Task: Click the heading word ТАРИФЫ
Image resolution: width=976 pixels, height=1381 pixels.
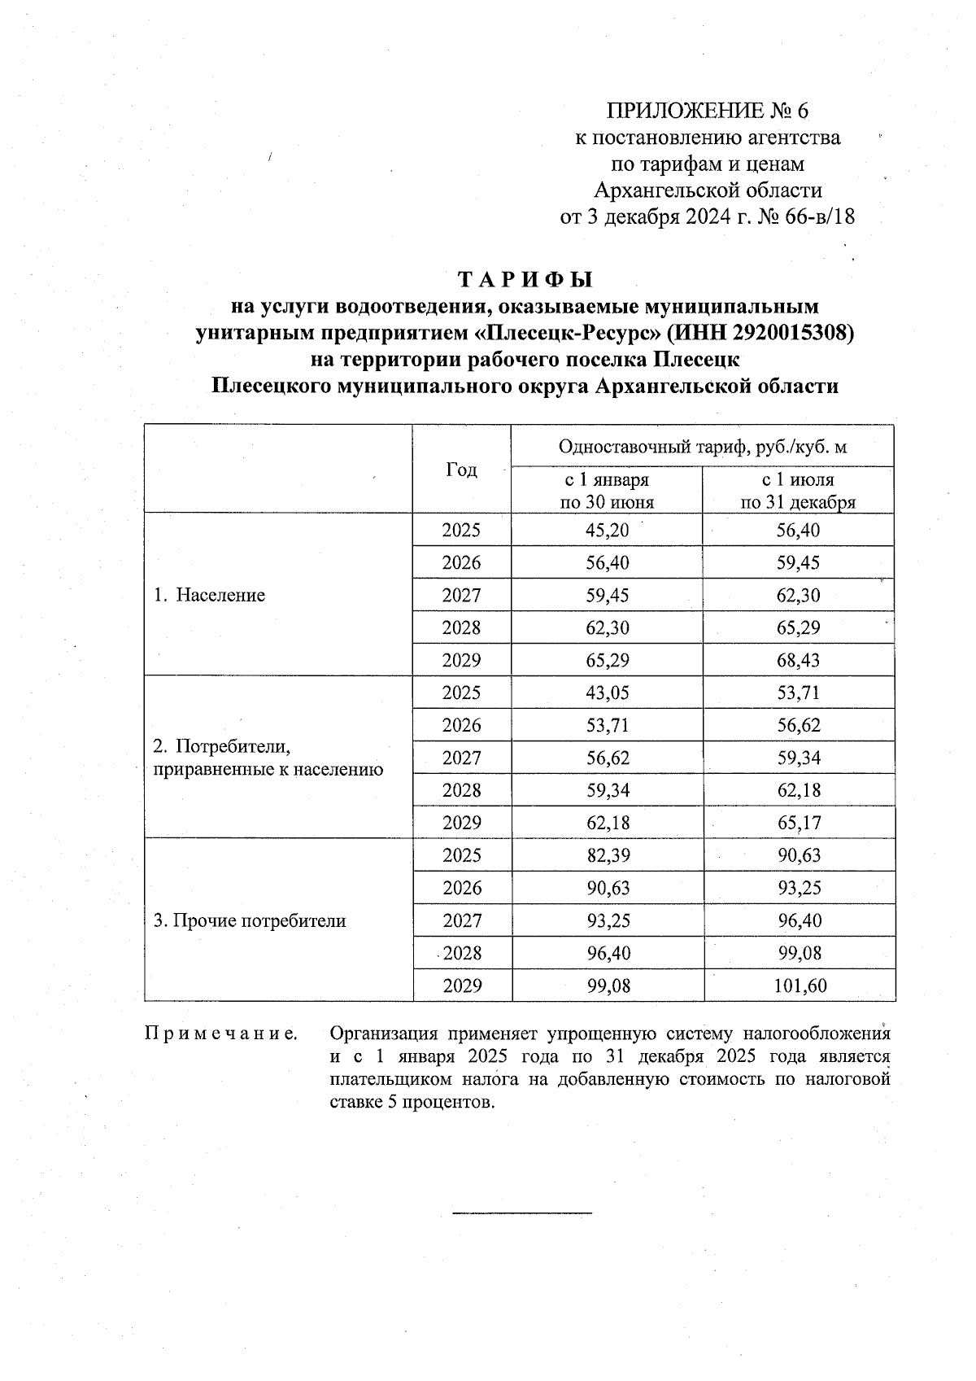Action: (x=525, y=280)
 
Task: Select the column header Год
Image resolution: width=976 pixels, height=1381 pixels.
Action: (x=461, y=470)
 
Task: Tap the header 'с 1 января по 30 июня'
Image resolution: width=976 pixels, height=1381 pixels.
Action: (x=607, y=491)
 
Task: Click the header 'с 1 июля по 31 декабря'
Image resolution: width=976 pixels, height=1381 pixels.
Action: (x=798, y=491)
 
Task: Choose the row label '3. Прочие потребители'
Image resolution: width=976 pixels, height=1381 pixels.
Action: (x=250, y=920)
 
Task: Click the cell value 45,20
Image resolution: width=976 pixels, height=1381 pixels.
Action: (x=607, y=531)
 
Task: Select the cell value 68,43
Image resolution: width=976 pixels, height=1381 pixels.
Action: (x=798, y=660)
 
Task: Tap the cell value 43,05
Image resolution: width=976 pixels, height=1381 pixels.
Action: (x=607, y=693)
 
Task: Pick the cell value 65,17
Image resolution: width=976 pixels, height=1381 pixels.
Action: (x=798, y=823)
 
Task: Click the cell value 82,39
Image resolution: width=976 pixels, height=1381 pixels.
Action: (x=607, y=855)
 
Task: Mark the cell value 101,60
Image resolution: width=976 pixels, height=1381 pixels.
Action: (x=798, y=985)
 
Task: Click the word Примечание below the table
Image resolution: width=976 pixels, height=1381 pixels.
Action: (x=220, y=1034)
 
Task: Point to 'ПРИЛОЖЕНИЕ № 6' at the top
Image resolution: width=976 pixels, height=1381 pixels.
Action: (x=708, y=111)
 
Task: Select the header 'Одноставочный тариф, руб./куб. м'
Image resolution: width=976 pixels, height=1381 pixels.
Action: (x=703, y=447)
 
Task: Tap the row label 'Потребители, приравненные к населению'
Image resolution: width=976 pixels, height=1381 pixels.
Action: (x=268, y=758)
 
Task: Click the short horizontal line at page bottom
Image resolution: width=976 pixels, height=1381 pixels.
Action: (x=522, y=1214)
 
